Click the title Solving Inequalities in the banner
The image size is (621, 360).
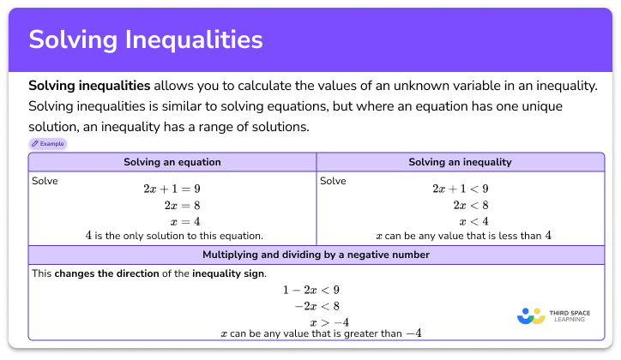pyautogui.click(x=146, y=39)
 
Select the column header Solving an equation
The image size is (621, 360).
pyautogui.click(x=172, y=162)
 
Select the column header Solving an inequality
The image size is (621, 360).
pyautogui.click(x=460, y=162)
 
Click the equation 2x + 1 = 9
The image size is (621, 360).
pyautogui.click(x=172, y=189)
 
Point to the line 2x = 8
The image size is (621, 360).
pyautogui.click(x=182, y=205)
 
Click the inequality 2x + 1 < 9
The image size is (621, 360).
pyautogui.click(x=460, y=189)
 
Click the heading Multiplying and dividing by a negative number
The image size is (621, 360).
pyautogui.click(x=316, y=255)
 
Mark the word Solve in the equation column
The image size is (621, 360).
pyautogui.click(x=45, y=181)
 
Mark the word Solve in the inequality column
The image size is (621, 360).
pyautogui.click(x=333, y=181)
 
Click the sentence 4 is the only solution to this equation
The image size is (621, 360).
pyautogui.click(x=173, y=235)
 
